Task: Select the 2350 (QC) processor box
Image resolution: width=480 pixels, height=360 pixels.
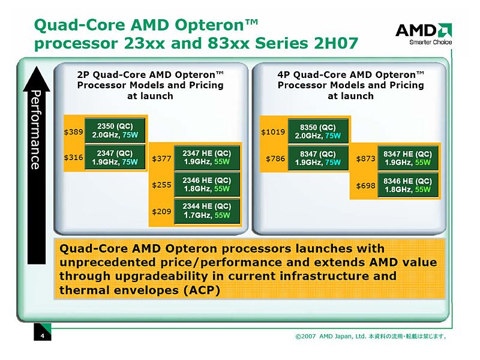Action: tap(116, 131)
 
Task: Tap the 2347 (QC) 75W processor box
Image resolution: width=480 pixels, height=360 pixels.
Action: tap(116, 157)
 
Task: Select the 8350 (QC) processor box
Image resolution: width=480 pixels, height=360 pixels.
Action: tap(318, 131)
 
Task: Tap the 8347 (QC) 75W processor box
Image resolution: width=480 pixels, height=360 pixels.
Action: tap(318, 157)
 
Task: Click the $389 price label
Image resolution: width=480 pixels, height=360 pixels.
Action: tap(74, 131)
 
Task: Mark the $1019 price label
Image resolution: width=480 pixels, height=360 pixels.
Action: tap(272, 131)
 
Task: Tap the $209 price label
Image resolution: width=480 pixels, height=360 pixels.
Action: tap(161, 211)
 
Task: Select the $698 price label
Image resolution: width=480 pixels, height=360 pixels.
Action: tap(365, 185)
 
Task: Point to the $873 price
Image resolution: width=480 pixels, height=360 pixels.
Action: tap(365, 159)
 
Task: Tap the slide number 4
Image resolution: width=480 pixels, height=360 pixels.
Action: tap(43, 335)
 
